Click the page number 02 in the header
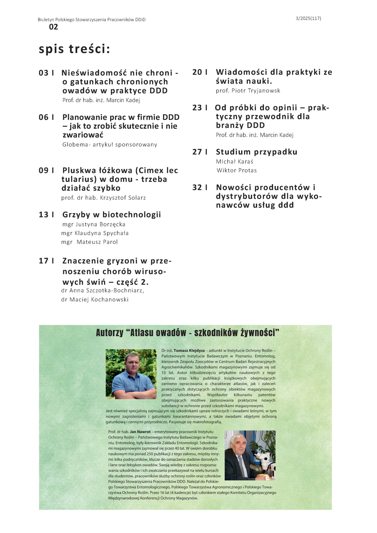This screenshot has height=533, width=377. [x=53, y=27]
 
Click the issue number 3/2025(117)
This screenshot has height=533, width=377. [x=308, y=19]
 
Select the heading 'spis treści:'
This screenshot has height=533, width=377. [x=74, y=49]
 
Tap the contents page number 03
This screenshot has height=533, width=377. [x=44, y=73]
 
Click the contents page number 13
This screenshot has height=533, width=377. [x=44, y=215]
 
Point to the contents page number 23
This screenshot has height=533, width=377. [x=197, y=108]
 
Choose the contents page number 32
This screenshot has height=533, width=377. [x=197, y=187]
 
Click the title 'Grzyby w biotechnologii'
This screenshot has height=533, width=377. [x=112, y=215]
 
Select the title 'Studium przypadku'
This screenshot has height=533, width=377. [x=257, y=152]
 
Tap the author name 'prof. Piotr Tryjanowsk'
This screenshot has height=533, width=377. [x=248, y=90]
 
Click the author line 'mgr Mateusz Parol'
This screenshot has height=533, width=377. [x=89, y=242]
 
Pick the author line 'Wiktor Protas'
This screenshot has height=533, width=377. [x=237, y=170]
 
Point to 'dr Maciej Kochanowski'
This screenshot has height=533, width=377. [x=95, y=300]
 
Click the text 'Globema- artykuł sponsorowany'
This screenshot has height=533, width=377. [x=110, y=144]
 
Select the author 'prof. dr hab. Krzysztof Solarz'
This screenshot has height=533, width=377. [x=104, y=198]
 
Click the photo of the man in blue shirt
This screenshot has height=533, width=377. [x=131, y=374]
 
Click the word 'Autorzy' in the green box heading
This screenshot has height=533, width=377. [x=109, y=333]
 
